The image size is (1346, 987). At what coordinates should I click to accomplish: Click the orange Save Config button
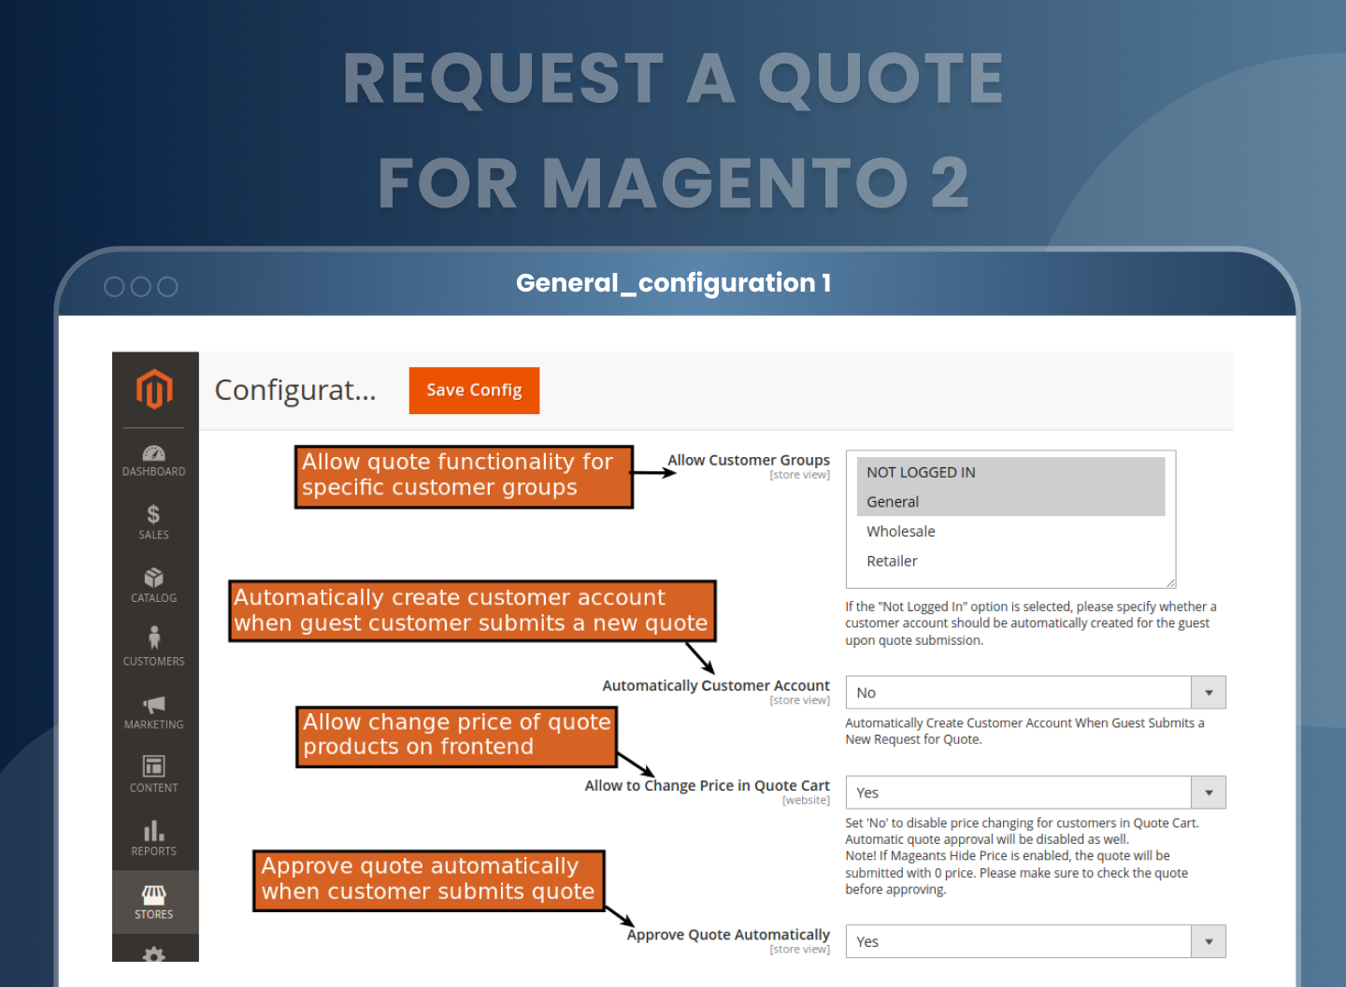click(x=474, y=391)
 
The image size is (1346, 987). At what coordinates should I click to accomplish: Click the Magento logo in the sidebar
click(x=154, y=389)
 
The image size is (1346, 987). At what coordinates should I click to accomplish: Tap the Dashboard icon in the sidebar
click(x=154, y=453)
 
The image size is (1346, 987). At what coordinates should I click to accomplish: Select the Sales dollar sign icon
click(x=154, y=514)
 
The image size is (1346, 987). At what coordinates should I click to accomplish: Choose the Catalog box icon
click(x=154, y=578)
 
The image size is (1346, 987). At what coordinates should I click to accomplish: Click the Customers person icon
click(x=154, y=637)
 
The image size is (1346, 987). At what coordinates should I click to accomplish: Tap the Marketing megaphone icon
click(x=154, y=704)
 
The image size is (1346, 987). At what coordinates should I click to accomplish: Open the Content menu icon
click(x=154, y=765)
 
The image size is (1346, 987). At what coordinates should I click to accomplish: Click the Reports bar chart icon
click(x=154, y=831)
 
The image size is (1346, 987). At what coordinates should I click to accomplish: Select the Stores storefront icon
click(x=154, y=895)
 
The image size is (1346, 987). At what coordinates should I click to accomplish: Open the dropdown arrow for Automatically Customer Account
click(x=1209, y=693)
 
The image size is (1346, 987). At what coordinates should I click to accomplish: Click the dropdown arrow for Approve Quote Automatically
click(x=1209, y=941)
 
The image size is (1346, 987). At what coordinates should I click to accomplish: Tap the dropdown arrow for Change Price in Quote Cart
click(x=1209, y=793)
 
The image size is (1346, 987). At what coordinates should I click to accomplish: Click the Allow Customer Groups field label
click(x=749, y=460)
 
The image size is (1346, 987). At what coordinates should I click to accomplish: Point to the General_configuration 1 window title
click(x=674, y=283)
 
